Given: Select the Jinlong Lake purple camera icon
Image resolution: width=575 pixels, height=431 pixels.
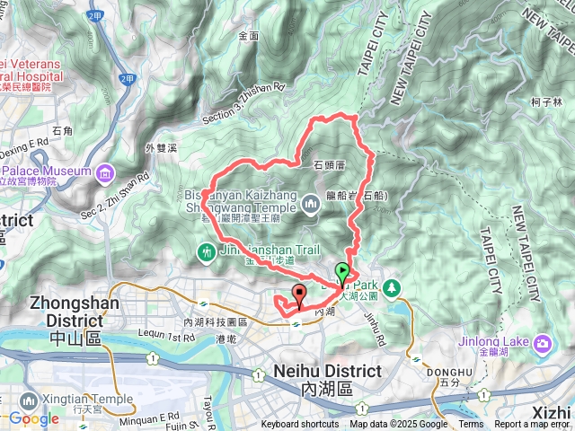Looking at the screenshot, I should click(543, 343).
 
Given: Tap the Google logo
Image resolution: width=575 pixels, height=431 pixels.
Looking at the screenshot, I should click(33, 418).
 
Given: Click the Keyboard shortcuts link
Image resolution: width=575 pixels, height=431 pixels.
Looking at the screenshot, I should click(300, 425).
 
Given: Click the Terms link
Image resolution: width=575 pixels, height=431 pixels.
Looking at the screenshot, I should click(471, 425).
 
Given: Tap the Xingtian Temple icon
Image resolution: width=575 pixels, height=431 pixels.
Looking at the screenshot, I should click(28, 399).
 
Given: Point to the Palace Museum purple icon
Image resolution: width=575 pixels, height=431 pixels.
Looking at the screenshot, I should click(106, 172).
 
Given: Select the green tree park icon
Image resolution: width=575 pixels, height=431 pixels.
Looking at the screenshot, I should click(392, 287).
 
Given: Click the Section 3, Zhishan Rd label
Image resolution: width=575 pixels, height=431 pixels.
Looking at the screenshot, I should click(243, 103).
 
